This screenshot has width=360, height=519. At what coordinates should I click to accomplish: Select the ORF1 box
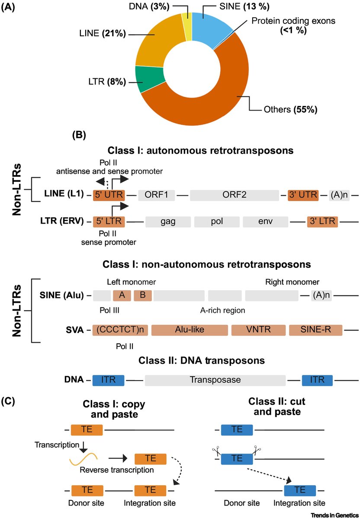coord(157,195)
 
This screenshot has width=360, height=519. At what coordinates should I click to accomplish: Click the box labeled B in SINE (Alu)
coord(142,295)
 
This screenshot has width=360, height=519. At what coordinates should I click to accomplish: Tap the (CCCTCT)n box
coord(120,330)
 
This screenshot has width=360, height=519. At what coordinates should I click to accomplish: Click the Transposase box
coord(215,380)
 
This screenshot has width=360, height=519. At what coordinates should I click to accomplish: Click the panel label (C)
coord(9,401)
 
